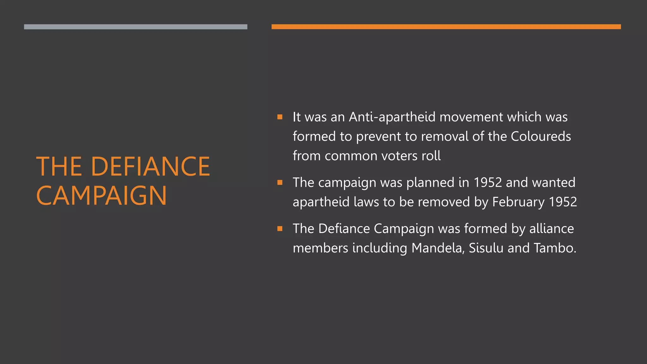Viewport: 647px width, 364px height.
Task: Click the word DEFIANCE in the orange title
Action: tap(150, 167)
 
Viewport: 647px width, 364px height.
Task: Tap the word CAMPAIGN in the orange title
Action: tap(101, 196)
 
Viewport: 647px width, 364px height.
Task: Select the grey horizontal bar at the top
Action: tap(136, 27)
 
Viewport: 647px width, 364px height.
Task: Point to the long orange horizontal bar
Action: tap(446, 27)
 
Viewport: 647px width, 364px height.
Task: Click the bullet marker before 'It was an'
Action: tap(280, 117)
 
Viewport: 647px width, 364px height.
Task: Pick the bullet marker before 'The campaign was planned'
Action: tap(280, 182)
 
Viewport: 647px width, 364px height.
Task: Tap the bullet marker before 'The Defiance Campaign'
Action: tap(280, 228)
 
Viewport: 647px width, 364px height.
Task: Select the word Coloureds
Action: tap(541, 136)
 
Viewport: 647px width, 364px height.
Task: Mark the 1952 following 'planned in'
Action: tap(487, 183)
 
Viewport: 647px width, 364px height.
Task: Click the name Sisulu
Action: tap(486, 248)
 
